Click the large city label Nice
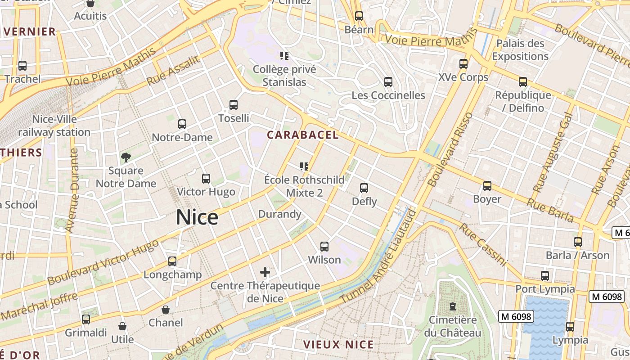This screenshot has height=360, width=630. [x=197, y=217]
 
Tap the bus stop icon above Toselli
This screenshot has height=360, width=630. [x=233, y=105]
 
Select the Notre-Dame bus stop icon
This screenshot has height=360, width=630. [x=182, y=124]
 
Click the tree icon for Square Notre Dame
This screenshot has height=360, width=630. [x=126, y=157]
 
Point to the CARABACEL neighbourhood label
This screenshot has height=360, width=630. [x=302, y=135]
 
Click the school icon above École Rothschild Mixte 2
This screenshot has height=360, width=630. [x=304, y=166]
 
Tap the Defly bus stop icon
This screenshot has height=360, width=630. [x=364, y=188]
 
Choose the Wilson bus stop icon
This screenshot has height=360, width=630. [x=324, y=247]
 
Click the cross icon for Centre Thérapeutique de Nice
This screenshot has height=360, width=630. [x=265, y=272]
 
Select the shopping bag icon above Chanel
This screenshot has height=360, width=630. [x=166, y=310]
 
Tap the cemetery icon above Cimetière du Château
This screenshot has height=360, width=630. [x=453, y=307]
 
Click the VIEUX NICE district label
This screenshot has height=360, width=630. [x=338, y=345]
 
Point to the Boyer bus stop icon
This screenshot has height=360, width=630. [x=487, y=186]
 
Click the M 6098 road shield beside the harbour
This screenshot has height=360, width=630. [x=516, y=316]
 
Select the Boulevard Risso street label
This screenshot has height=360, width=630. [x=450, y=150]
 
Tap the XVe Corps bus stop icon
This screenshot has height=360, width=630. [x=463, y=64]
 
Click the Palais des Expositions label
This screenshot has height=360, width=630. [x=520, y=50]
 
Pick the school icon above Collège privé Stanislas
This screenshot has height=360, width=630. [x=284, y=56]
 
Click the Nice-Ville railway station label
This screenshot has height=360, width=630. [x=54, y=126]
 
